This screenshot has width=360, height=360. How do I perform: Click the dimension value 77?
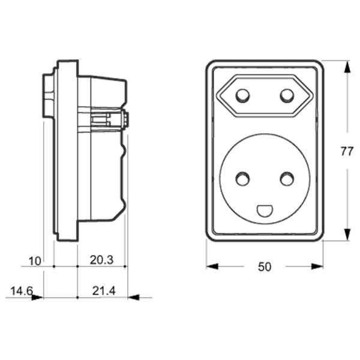[347, 151]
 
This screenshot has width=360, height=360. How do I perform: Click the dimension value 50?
[265, 267]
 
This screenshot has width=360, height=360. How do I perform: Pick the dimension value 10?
[35, 260]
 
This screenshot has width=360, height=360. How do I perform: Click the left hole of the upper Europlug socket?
[243, 95]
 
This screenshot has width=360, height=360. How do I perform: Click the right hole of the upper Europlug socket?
[287, 95]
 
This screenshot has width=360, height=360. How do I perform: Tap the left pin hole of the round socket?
[242, 178]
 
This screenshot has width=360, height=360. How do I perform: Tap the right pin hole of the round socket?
[287, 178]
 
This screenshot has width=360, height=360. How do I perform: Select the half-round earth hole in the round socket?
[265, 211]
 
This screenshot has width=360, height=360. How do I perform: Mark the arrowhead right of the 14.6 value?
[37, 296]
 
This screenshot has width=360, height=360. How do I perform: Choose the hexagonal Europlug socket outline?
[265, 96]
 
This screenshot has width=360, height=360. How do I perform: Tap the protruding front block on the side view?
[47, 95]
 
